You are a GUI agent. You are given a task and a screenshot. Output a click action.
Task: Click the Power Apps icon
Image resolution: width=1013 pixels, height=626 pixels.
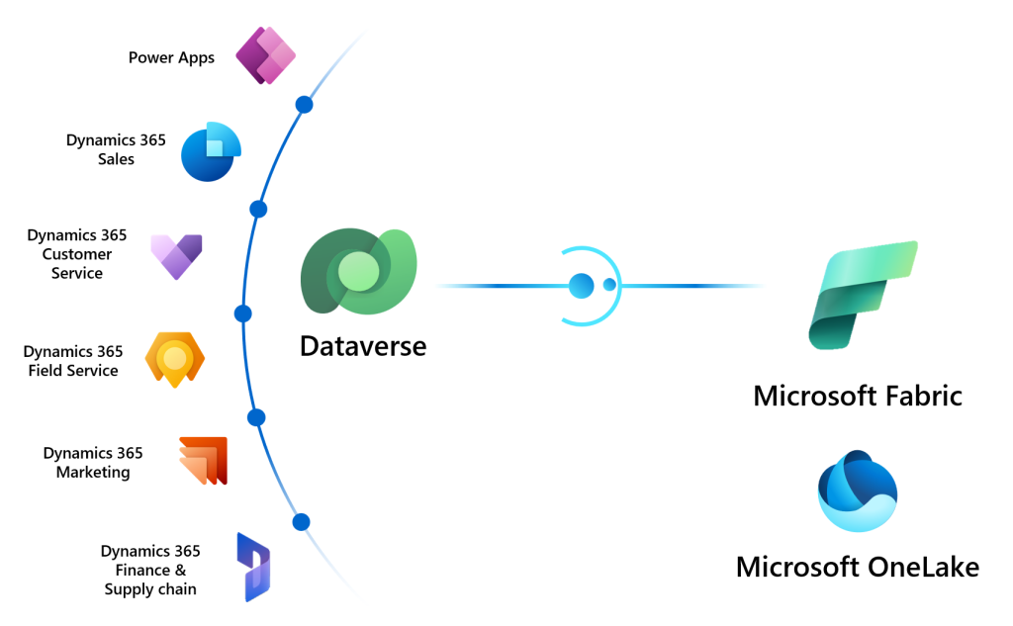coord(266,54)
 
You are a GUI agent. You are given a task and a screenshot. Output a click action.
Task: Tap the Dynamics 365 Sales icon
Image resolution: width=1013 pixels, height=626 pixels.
coord(211,152)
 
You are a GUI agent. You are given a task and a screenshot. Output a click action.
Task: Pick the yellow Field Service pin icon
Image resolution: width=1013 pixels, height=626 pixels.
coord(174,359)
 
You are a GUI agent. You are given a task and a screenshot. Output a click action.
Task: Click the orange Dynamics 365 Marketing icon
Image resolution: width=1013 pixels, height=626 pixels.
coord(204,461)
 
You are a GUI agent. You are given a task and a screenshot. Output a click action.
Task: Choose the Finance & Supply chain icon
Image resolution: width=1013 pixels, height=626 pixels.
coord(253,567)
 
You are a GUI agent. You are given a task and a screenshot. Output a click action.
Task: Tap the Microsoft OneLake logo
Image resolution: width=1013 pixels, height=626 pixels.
coord(858,491)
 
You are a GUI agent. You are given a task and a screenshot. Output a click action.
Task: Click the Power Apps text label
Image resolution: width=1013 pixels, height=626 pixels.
coord(171,57)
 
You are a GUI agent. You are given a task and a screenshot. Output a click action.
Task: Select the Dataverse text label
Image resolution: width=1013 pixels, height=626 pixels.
coord(363,346)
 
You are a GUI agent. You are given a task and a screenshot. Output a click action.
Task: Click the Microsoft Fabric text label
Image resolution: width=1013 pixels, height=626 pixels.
coord(857,396)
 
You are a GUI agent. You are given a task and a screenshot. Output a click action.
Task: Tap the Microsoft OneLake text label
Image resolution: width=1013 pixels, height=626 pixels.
coord(857,567)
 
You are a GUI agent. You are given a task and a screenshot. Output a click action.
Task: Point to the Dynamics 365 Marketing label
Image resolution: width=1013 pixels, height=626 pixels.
coord(93,463)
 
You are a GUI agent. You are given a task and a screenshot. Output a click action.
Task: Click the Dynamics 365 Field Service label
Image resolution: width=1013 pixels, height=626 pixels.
coord(72,361)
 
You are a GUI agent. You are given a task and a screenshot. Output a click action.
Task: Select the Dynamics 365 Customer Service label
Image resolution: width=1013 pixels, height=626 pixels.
coord(77,254)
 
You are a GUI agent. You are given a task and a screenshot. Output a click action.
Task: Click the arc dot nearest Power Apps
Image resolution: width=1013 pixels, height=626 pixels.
coord(305,104)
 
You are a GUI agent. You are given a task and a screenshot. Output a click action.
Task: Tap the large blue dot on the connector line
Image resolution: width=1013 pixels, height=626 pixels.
coord(581,286)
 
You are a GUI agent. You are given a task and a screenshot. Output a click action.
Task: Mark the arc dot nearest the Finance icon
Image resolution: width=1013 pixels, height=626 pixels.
coord(301,521)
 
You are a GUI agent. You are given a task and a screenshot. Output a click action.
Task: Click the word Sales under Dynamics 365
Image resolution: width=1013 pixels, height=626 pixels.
coord(116,159)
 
